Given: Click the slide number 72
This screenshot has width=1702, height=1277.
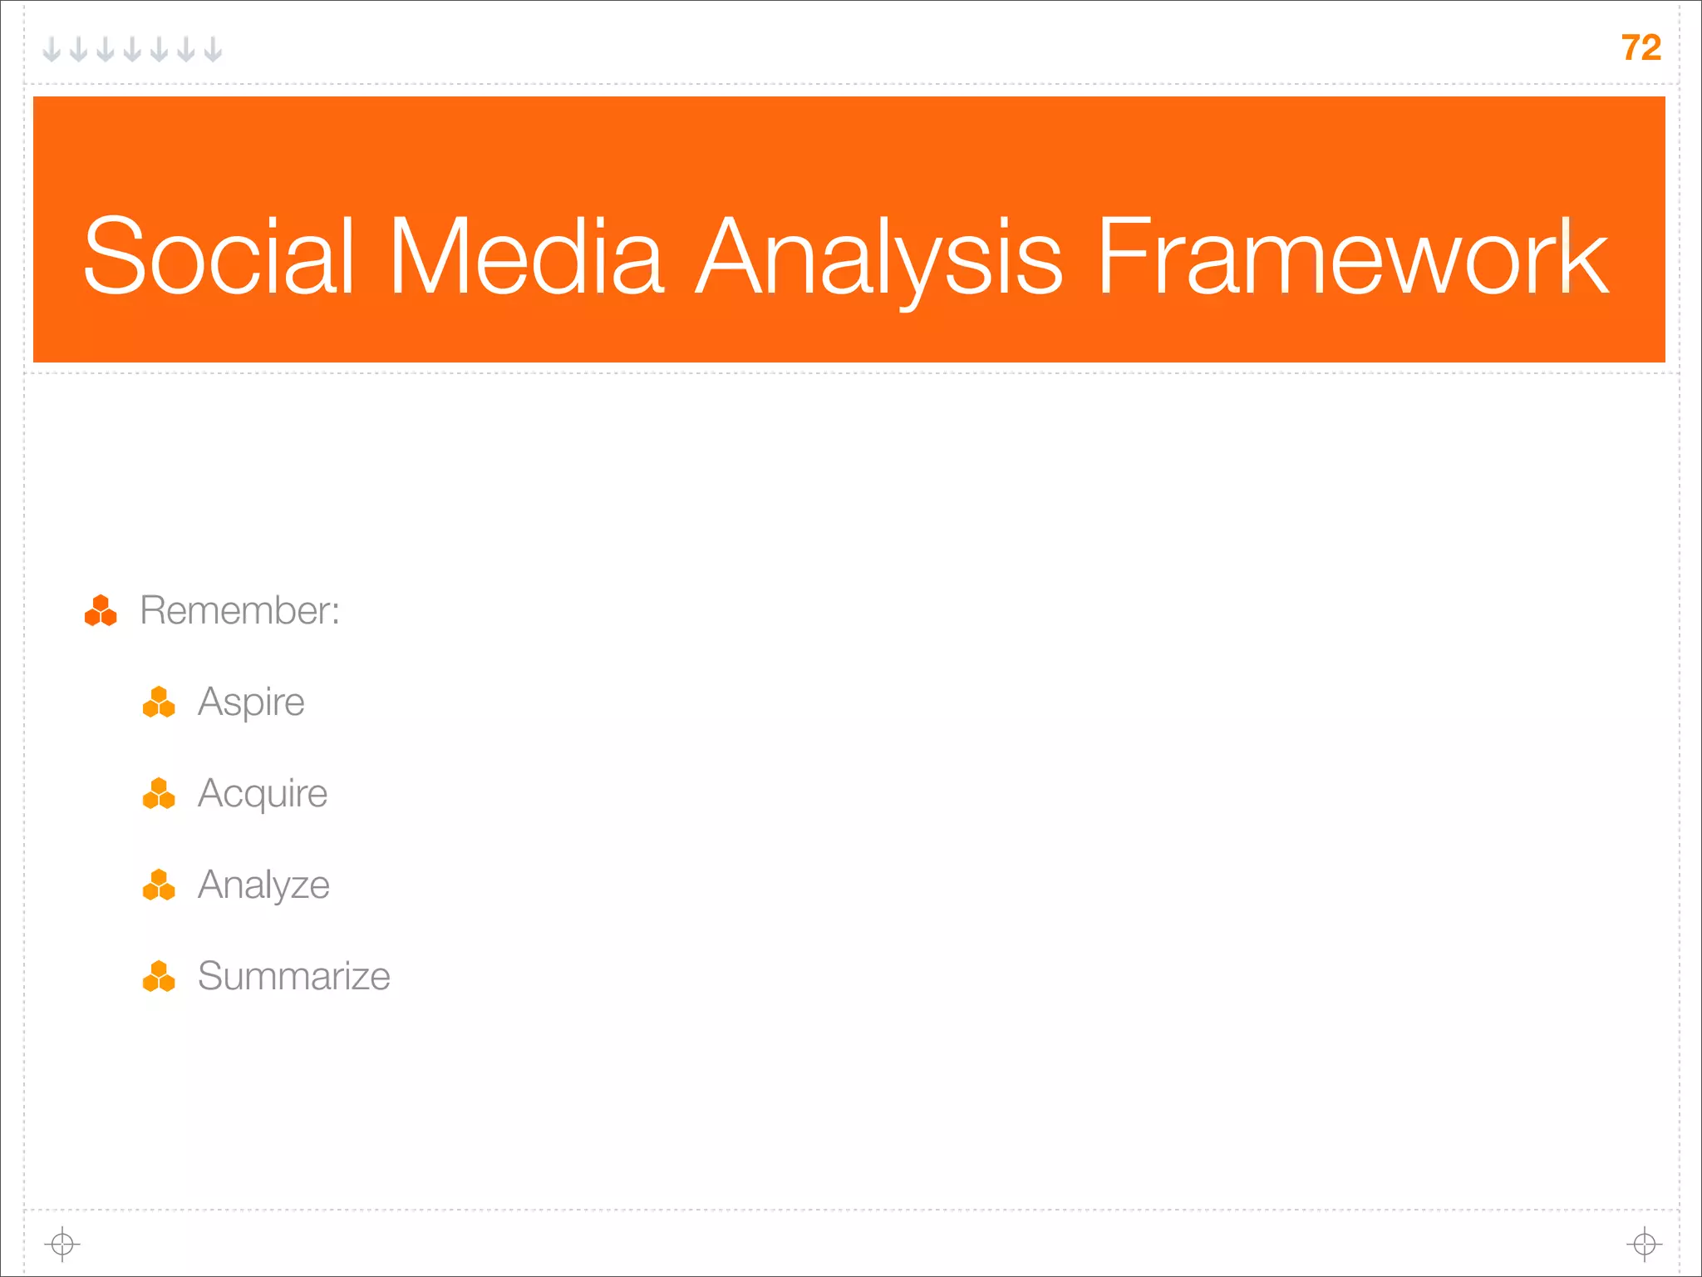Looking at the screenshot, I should point(1641,48).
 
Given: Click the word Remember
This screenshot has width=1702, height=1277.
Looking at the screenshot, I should point(235,610).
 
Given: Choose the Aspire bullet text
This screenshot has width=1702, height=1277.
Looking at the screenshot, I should point(251,703).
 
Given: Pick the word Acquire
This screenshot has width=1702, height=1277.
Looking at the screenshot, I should point(263,794).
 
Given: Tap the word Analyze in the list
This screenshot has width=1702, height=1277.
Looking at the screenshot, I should point(263,885).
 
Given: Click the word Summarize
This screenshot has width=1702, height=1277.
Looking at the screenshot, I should point(293,976).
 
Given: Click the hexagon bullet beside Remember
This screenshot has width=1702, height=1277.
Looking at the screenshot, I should point(101,611).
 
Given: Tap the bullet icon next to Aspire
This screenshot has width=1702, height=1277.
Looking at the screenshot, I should point(159,703).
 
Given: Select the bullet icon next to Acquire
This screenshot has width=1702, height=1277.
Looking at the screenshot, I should point(159,794).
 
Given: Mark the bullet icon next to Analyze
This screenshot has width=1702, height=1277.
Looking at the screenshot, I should point(159,885).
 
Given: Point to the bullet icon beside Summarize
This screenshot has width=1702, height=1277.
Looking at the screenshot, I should point(159,977).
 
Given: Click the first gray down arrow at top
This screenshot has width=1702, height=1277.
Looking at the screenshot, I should point(52,50).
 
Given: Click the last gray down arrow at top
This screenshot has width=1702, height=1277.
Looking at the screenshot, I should point(214,50).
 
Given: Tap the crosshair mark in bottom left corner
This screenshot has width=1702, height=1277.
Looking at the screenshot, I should point(62,1245).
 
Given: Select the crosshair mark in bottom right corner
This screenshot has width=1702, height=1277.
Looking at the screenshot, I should point(1644,1245).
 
